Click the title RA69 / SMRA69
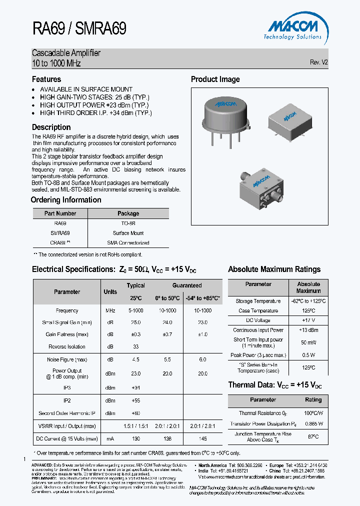pos(79,28)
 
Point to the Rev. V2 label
pos(318,62)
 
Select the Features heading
pos(46,79)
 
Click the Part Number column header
pos(60,213)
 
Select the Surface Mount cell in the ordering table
pos(128,233)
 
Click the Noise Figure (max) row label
pos(67,359)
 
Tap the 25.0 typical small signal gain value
pos(135,322)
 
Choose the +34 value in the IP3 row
pos(135,387)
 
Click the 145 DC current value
pos(202,438)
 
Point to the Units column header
pos(110,292)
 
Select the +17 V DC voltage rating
pos(308,320)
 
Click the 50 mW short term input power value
pos(308,342)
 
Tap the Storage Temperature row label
pos(258,301)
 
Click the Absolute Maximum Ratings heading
pos(274,269)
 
